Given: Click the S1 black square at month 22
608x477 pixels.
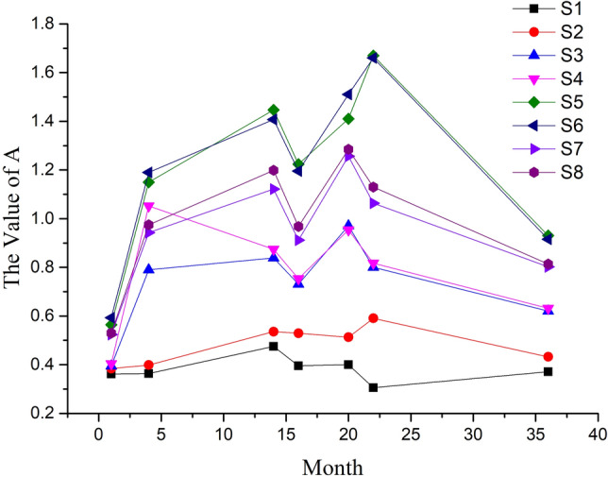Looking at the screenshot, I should coord(374,387).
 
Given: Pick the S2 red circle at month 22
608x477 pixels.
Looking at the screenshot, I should coord(374,318).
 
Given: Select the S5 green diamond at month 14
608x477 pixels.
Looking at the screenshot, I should coord(274,111).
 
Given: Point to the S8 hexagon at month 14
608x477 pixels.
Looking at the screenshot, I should coord(274,170).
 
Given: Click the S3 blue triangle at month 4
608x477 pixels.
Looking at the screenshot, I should coord(148,269).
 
